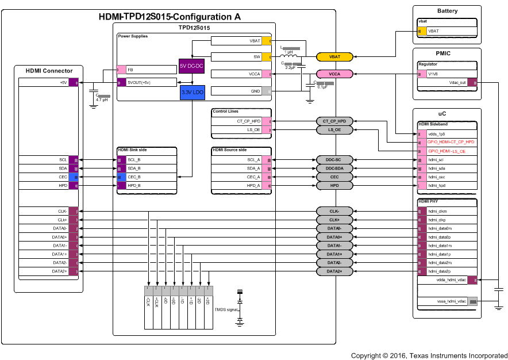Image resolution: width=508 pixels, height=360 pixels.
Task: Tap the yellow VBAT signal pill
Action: click(x=334, y=57)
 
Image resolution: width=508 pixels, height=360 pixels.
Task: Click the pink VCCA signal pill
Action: click(x=334, y=74)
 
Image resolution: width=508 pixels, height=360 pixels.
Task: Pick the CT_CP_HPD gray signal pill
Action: click(x=334, y=121)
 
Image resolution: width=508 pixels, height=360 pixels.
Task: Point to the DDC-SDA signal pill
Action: click(x=334, y=168)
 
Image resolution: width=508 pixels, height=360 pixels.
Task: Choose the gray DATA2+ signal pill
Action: click(x=334, y=271)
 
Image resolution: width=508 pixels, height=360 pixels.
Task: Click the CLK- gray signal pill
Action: click(x=334, y=211)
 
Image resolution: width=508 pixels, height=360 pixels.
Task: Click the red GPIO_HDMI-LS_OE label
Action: click(x=447, y=151)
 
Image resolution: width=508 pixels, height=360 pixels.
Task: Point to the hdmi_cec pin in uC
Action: click(x=447, y=177)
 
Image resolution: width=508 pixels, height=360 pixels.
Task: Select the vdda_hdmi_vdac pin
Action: click(x=447, y=280)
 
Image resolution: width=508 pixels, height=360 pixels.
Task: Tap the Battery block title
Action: click(x=447, y=11)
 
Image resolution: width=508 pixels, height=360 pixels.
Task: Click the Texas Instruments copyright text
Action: click(x=429, y=356)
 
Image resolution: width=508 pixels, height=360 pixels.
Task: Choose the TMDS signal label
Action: click(x=225, y=309)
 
